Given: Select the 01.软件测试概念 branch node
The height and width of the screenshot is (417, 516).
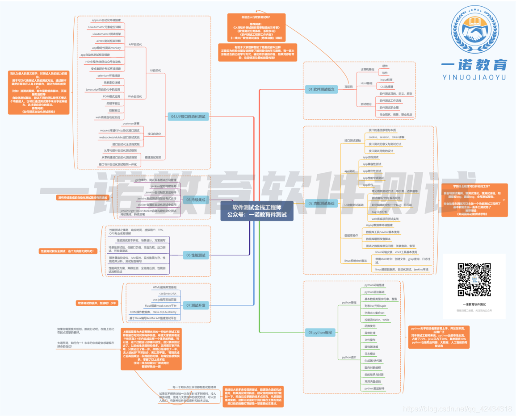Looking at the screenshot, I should coord(321,90).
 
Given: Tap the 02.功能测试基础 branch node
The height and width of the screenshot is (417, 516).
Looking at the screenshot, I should coord(321,203).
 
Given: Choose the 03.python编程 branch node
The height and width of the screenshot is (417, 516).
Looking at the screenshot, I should coord(320,333).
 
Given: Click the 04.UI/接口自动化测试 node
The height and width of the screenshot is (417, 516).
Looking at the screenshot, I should coord(188,117).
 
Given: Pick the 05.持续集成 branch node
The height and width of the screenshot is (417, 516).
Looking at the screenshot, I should coord(195,200).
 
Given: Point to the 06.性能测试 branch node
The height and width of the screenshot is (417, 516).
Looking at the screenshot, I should coord(195,255).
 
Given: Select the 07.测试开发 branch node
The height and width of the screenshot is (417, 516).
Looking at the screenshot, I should coord(195,305).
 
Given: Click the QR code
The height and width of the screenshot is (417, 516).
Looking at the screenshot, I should coord(474,280).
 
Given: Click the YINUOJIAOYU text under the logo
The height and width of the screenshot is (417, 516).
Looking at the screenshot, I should coord(474,77).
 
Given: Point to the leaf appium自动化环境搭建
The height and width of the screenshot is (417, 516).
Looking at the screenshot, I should coord(106,21).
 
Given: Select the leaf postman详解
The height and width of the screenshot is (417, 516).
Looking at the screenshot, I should coord(131,124).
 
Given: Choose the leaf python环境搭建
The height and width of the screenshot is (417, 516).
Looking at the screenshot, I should coord(374,285).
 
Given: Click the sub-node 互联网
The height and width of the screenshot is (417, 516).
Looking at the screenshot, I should coord(348,87).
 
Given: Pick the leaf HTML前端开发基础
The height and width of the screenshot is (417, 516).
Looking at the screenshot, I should coord(164,288).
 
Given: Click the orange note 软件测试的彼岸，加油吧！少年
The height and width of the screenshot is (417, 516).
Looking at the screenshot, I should coord(97,303).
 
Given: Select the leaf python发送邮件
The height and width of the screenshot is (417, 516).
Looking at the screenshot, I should coord(374,388).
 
